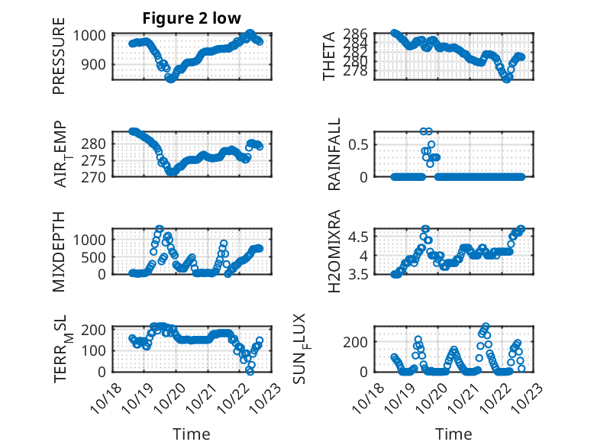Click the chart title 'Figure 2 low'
click(192, 19)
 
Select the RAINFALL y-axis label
click(334, 155)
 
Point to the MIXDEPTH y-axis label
click(60, 251)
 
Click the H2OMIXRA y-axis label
click(334, 251)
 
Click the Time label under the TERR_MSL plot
click(192, 434)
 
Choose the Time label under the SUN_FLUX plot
click(454, 434)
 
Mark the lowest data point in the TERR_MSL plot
click(250, 371)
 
